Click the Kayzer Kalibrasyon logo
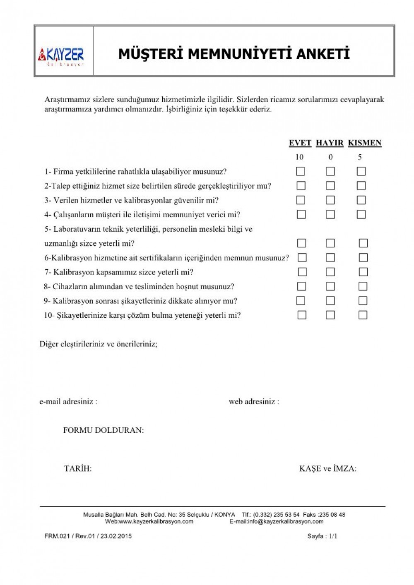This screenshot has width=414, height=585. [61, 56]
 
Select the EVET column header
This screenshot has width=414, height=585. [300, 143]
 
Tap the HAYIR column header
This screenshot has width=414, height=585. [330, 143]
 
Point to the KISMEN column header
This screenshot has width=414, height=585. [364, 143]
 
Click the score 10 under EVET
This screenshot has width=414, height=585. [299, 157]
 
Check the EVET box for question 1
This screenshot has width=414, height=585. [301, 171]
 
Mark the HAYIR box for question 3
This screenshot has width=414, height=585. [330, 200]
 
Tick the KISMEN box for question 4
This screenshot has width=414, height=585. [361, 214]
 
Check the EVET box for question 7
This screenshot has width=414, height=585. [302, 272]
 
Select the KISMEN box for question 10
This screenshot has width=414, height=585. [363, 315]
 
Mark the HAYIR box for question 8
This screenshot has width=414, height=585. [330, 286]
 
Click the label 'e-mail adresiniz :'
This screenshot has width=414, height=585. [68, 401]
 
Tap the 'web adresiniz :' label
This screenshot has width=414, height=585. [254, 401]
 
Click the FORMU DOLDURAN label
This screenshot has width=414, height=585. [103, 430]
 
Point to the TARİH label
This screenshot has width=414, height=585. [78, 469]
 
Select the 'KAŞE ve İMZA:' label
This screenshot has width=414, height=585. [327, 469]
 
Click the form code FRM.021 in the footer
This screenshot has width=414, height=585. [57, 536]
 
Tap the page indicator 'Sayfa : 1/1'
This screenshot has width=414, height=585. [322, 536]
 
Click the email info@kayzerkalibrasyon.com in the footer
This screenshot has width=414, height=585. [286, 522]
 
